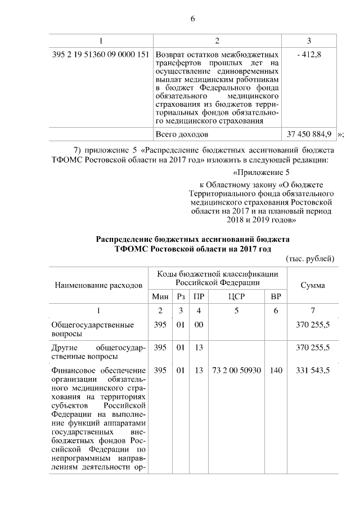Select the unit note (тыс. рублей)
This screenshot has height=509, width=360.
point(311,258)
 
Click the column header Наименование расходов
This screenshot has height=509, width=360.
point(98,285)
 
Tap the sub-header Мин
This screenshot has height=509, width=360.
point(160,296)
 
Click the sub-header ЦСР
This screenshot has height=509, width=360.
point(236,296)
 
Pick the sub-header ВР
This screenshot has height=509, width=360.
point(276,296)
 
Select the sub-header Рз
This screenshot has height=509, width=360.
point(181,296)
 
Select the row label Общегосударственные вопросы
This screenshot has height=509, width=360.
point(92,329)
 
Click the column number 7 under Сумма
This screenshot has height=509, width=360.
point(312,310)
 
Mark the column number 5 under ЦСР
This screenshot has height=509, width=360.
point(236,310)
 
